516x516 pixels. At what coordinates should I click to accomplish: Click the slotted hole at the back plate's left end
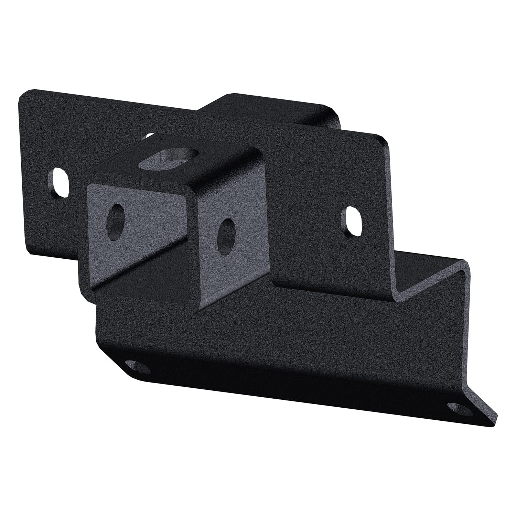tap(60, 182)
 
